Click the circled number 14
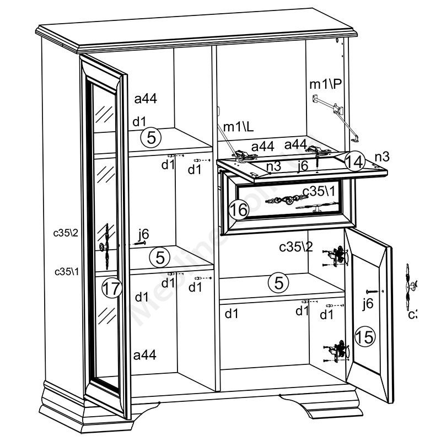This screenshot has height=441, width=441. click(355, 162)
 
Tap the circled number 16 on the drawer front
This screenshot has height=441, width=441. click(238, 209)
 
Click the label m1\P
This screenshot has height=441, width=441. click(326, 84)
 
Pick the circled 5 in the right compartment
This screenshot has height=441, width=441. click(279, 283)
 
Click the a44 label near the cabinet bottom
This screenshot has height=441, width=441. click(145, 355)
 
